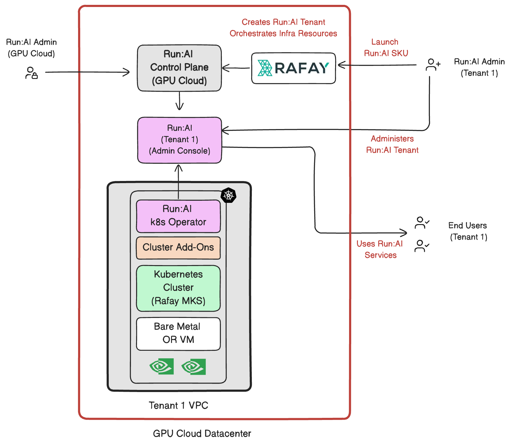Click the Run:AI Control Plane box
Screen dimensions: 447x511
click(179, 68)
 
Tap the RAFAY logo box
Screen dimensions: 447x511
click(293, 68)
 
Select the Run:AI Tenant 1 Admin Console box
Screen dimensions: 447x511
click(179, 140)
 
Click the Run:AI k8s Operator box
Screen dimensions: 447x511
click(178, 216)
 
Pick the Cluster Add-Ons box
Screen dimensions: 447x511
click(178, 248)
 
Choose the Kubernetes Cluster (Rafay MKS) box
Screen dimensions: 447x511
click(178, 288)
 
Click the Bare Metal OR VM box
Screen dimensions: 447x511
click(178, 333)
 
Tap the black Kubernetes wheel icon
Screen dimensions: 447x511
click(228, 195)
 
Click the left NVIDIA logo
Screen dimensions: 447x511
click(162, 367)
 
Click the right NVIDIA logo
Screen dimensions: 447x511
click(194, 367)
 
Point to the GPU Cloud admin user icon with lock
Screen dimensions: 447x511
click(31, 73)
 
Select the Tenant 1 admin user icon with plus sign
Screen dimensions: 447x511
click(433, 65)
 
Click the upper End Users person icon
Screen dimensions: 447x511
click(422, 223)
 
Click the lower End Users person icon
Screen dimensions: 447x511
click(422, 246)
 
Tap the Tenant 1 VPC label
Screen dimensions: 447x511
click(178, 405)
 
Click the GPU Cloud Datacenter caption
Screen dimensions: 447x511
click(202, 433)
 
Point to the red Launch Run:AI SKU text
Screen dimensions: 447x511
click(386, 48)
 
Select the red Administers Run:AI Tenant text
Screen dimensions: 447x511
click(392, 144)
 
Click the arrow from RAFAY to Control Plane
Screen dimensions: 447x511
click(236, 68)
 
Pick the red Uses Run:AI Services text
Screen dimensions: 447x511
click(380, 249)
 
